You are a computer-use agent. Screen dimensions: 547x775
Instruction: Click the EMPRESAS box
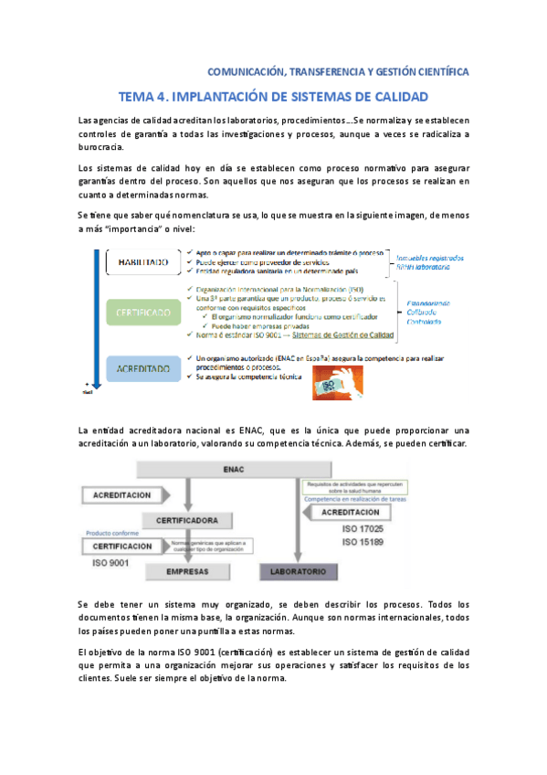tap(189, 571)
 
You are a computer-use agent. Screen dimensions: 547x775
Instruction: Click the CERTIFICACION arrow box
tap(123, 546)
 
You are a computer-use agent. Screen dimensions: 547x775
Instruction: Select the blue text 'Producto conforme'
tap(111, 532)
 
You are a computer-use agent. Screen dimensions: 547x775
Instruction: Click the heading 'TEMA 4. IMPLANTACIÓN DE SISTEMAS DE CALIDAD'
tap(273, 96)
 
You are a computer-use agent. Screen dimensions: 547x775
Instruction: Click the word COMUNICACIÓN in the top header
tap(246, 70)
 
